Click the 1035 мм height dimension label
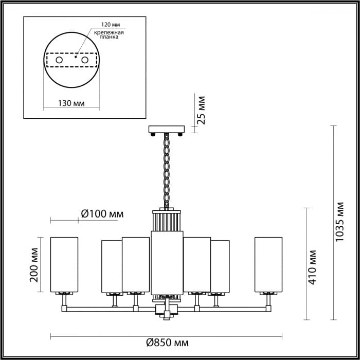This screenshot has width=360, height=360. [x=340, y=224]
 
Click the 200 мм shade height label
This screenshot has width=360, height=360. [x=34, y=265]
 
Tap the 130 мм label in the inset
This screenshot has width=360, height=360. [x=71, y=103]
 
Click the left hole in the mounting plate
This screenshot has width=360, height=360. [x=59, y=61]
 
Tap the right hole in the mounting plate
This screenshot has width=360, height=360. [x=92, y=61]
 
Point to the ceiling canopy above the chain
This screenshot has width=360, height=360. [x=167, y=129]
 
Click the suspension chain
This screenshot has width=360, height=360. [x=167, y=170]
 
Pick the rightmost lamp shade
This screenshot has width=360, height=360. [x=268, y=265]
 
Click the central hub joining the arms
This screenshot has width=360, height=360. [x=167, y=309]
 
